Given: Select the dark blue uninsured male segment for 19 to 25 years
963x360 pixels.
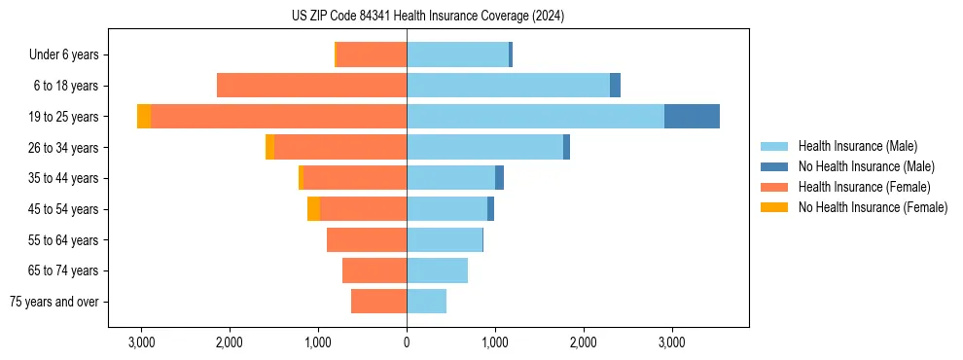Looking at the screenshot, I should tap(692, 117).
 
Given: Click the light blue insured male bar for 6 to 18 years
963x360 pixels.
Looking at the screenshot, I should tap(508, 86).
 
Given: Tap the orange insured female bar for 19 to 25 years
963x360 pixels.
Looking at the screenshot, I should tap(278, 117).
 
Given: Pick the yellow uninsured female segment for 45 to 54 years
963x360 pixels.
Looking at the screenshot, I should tap(313, 209).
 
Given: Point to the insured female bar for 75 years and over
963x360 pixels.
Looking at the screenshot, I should tap(378, 302).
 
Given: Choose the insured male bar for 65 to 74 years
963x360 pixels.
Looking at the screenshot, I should tap(437, 270).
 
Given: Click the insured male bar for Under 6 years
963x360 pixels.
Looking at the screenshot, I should tap(457, 55).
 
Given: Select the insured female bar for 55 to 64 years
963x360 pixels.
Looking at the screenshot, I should tap(367, 240).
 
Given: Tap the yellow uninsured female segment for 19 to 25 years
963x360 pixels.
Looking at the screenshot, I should tap(144, 117).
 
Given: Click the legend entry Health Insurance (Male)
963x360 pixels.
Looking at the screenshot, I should tap(857, 146).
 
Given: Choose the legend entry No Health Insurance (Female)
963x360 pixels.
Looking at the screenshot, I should tap(873, 207).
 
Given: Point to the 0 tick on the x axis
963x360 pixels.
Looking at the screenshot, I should tap(407, 342).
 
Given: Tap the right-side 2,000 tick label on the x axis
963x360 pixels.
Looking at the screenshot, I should tap(584, 342).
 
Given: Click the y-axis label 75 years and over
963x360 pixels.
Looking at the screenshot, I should tap(54, 302).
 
